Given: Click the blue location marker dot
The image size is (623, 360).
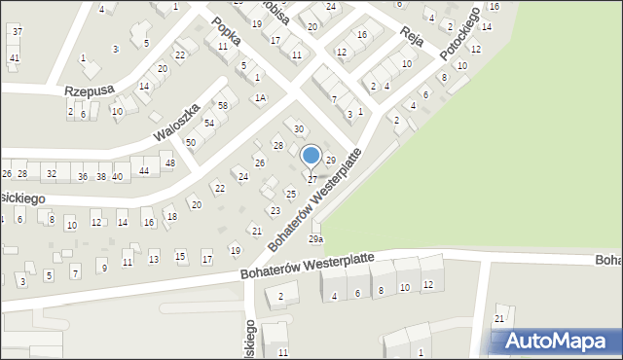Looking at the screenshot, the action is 311,156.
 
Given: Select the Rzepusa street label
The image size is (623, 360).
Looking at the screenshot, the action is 90,90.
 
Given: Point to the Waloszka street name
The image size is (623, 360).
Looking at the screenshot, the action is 177,121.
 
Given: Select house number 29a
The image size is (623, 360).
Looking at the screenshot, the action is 315,238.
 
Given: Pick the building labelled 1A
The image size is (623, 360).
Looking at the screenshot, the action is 260,97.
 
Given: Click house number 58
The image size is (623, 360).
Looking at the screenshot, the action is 223,105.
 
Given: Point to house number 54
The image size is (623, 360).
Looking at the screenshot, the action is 208,123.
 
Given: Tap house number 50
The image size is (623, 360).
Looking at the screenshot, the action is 191,143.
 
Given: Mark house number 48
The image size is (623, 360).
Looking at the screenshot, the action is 169,162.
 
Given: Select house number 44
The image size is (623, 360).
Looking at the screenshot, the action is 144,171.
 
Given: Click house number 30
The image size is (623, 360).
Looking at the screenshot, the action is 299,129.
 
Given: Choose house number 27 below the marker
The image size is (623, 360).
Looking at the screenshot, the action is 311,180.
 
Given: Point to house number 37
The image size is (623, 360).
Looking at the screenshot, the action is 17,32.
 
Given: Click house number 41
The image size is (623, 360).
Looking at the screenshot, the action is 14,58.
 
